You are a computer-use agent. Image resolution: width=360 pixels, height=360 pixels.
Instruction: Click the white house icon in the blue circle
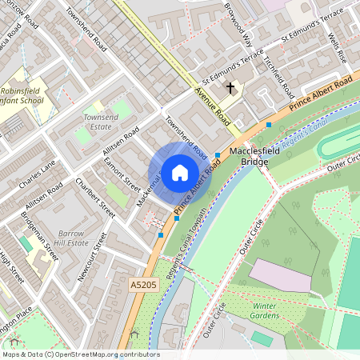tap(180, 172)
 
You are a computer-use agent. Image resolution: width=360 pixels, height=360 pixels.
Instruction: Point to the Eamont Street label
tap(122, 174)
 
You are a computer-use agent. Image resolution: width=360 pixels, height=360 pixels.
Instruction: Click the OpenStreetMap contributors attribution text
tap(81, 354)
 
